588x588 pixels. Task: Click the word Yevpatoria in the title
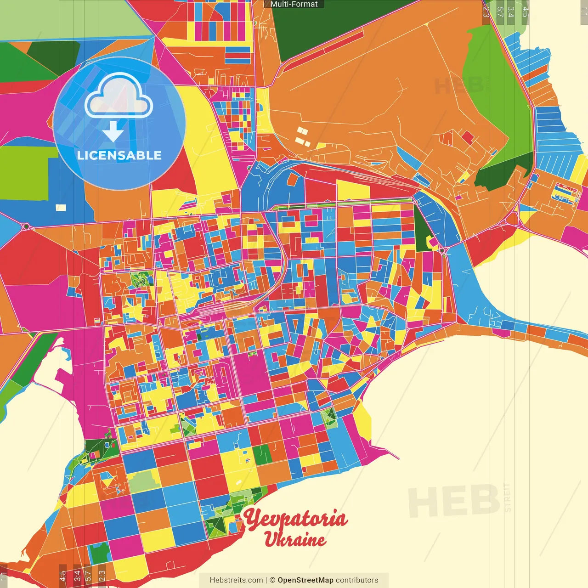pos(294,518)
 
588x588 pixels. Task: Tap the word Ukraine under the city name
pos(295,539)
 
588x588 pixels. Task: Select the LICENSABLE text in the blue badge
pos(119,155)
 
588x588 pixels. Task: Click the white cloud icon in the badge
pos(119,96)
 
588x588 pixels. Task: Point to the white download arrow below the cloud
pos(113,131)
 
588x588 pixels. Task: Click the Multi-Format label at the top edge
pos(294,4)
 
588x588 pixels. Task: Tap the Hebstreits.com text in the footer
pos(236,580)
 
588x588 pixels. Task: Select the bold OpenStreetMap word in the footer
pos(305,580)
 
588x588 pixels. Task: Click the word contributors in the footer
pos(357,580)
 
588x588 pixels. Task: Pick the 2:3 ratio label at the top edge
pos(486,12)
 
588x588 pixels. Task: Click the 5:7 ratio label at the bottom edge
pos(88,575)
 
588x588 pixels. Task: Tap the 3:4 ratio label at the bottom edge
pos(77,575)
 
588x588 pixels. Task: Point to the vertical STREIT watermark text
pos(507,497)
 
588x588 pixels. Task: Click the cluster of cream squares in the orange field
pos(302,137)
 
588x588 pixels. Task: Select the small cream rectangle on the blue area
pos(61,208)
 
